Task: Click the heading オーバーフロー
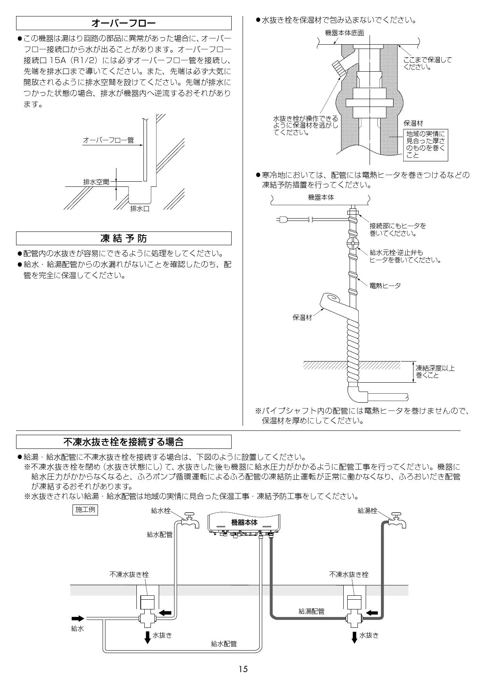[123, 24]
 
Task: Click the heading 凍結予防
[123, 238]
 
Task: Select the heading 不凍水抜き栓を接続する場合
[123, 442]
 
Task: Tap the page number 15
[243, 669]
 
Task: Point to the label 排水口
[140, 209]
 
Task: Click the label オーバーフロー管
[108, 140]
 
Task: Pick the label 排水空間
[96, 182]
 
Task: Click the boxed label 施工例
[85, 510]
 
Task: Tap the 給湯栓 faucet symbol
[396, 520]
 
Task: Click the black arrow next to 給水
[78, 618]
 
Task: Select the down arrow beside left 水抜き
[147, 637]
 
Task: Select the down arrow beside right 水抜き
[354, 637]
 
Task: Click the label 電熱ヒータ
[385, 286]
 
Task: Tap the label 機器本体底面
[345, 33]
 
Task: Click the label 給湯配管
[312, 611]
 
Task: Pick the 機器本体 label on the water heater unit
[245, 522]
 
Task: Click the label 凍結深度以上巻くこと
[435, 372]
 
